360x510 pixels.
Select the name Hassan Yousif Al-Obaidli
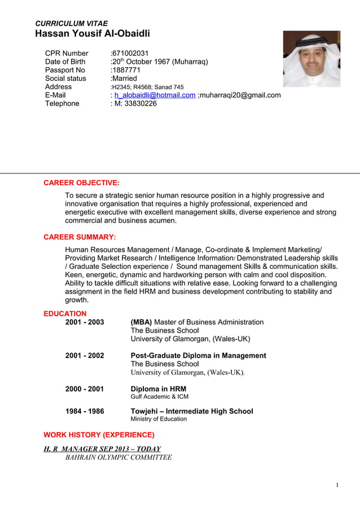tap(92, 34)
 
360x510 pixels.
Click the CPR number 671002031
tap(130, 53)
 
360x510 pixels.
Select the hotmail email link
tap(155, 95)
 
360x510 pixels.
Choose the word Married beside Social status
tap(124, 79)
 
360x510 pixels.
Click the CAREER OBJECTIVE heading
tap(81, 183)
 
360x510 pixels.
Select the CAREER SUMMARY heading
tap(80, 237)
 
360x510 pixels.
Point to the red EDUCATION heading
tap(65, 313)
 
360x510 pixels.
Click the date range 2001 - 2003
tap(85, 322)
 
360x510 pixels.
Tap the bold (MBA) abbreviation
tap(141, 322)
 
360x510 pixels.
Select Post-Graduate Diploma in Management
tap(198, 355)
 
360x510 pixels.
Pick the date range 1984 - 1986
tap(85, 411)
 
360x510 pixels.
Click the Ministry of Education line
tap(159, 419)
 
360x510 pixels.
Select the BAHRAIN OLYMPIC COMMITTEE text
tap(118, 457)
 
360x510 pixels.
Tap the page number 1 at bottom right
tap(337, 485)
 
